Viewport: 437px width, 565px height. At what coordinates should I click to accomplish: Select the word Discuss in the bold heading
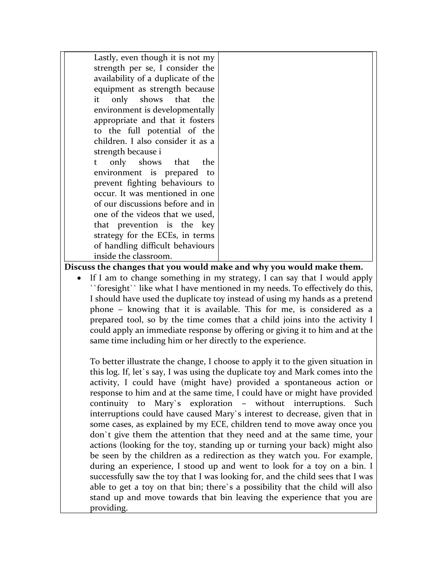point(79,267)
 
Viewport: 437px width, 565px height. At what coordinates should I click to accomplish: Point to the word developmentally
point(183,110)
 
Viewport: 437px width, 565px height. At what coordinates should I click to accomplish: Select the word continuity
point(109,403)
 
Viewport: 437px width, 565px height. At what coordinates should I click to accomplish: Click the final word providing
point(109,508)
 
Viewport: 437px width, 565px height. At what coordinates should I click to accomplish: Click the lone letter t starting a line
point(95,162)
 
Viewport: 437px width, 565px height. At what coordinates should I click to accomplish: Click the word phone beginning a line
point(102,309)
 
